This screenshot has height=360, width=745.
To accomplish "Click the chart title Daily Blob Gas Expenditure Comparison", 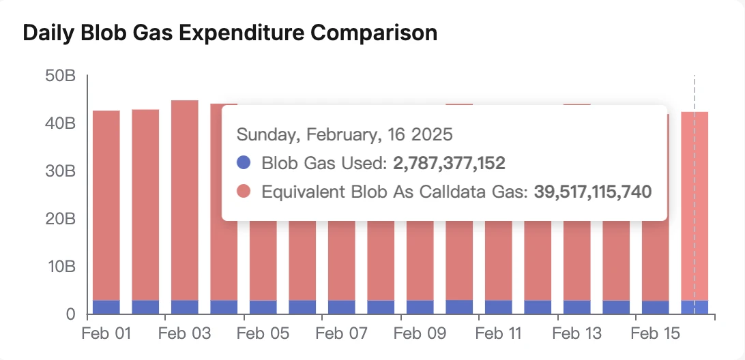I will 230,33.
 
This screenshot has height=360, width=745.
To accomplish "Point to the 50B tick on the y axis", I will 60,76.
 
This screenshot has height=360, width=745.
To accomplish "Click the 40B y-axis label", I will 60,123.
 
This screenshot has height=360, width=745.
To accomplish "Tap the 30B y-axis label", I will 60,171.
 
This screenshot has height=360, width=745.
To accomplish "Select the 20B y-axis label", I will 60,219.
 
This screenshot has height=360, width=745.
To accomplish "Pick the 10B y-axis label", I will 60,267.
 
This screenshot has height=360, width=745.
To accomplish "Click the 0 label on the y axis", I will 70,314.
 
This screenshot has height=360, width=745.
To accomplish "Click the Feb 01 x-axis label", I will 106,334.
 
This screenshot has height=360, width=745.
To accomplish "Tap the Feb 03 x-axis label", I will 184,334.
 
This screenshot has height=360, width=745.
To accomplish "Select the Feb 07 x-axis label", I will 341,334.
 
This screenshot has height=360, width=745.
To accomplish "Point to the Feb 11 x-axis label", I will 498,334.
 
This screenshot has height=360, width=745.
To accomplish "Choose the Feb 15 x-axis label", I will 655,334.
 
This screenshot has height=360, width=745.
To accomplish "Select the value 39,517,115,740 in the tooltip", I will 592,192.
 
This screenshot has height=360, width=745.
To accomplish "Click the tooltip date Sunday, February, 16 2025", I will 344,134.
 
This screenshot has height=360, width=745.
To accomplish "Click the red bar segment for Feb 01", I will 106,205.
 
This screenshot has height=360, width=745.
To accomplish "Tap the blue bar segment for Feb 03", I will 184,307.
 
